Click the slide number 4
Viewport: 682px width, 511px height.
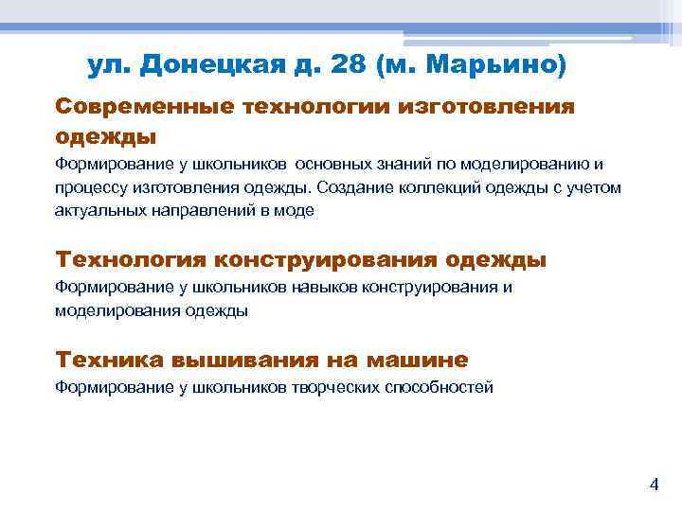(653, 485)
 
